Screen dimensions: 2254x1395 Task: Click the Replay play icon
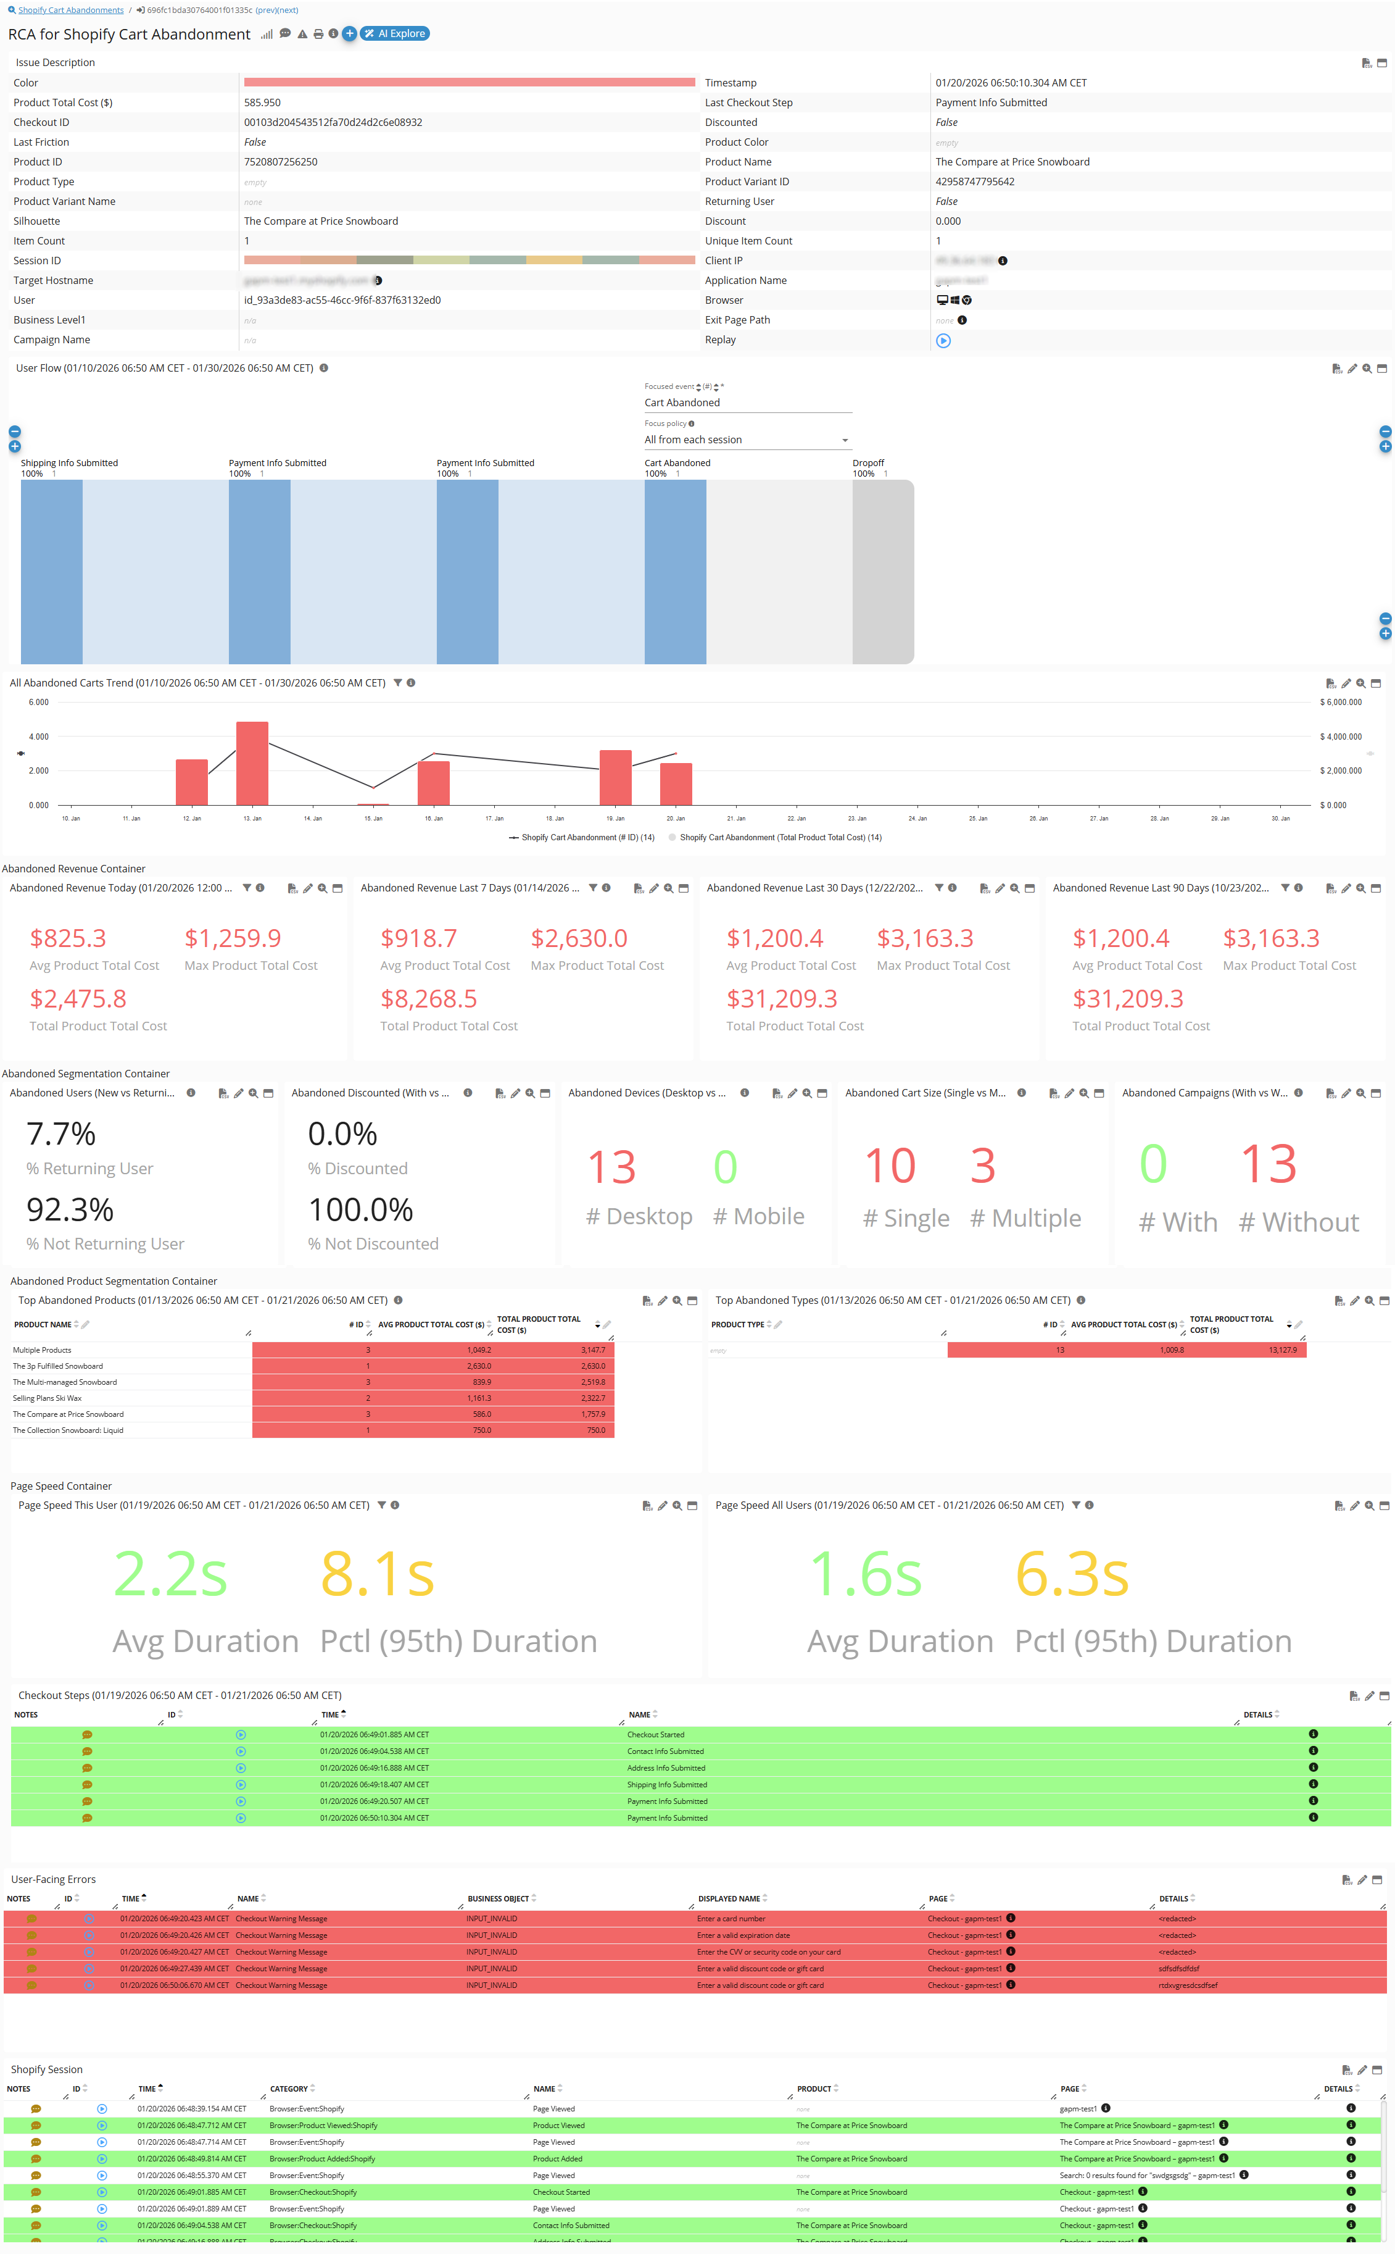[x=943, y=341]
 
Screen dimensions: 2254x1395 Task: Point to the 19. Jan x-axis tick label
[x=615, y=819]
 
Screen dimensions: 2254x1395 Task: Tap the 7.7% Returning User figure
[x=61, y=1134]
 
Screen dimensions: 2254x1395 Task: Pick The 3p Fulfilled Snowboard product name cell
[x=58, y=1366]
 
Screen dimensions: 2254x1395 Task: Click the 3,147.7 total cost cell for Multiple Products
[x=592, y=1350]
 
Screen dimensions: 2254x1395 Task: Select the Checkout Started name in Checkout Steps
[x=656, y=1735]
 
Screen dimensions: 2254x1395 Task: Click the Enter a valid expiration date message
[x=743, y=1935]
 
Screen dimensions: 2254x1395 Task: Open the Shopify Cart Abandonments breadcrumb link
[x=70, y=10]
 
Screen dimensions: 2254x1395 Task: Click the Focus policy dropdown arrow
[x=844, y=440]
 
